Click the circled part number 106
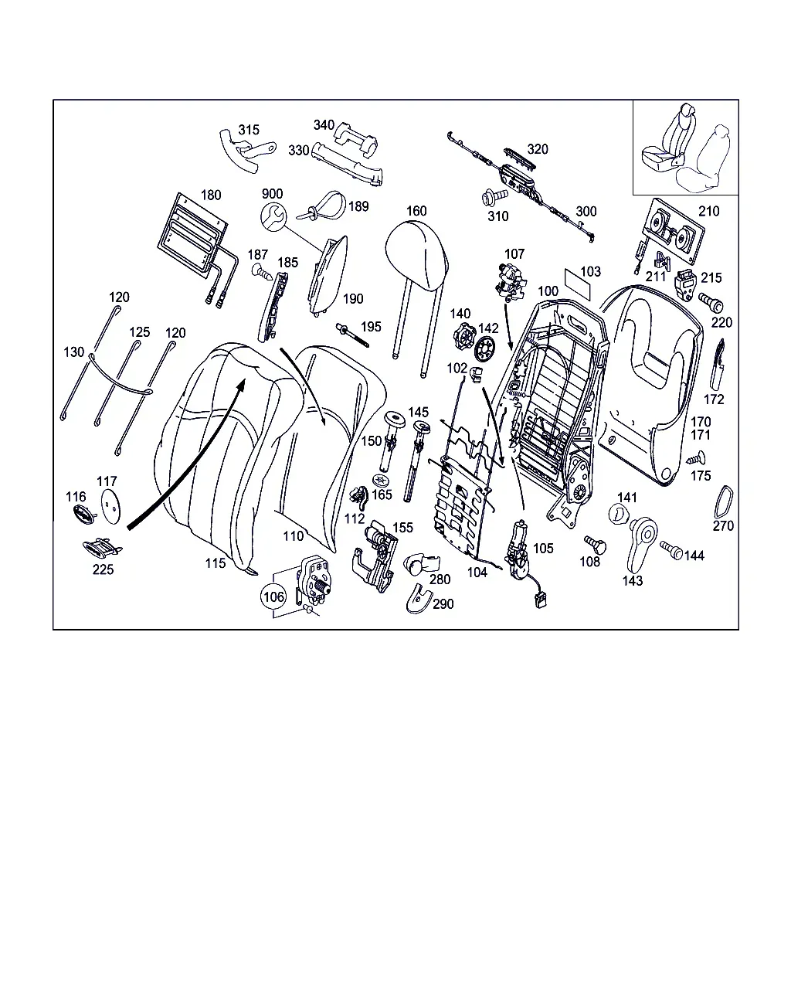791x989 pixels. coord(274,596)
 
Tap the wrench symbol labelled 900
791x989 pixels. coord(273,217)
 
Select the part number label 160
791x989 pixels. coord(416,211)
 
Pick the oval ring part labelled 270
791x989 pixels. coord(723,502)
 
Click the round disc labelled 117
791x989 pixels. coord(110,505)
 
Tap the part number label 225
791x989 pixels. coord(103,569)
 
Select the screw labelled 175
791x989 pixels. coord(696,458)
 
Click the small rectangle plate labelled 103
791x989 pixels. coord(577,284)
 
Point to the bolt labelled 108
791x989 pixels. coord(596,544)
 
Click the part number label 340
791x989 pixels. coord(324,125)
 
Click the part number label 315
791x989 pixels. coord(249,130)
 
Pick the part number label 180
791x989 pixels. coord(211,195)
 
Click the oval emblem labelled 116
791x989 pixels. coord(86,515)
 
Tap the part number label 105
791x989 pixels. coord(543,549)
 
